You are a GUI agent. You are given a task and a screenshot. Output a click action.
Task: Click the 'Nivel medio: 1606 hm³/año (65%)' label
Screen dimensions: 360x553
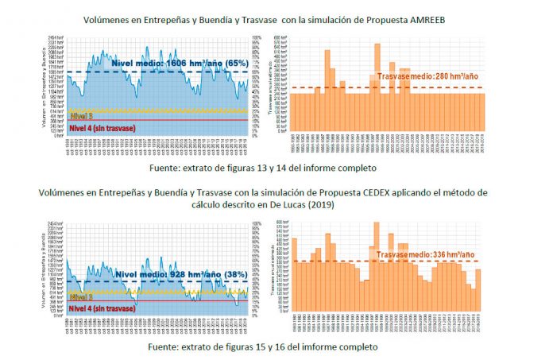pyautogui.click(x=180, y=62)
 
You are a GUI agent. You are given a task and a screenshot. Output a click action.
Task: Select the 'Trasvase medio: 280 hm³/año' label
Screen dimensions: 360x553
pyautogui.click(x=427, y=75)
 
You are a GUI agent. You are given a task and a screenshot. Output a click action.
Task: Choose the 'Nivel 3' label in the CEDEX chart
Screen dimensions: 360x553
pyautogui.click(x=80, y=296)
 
